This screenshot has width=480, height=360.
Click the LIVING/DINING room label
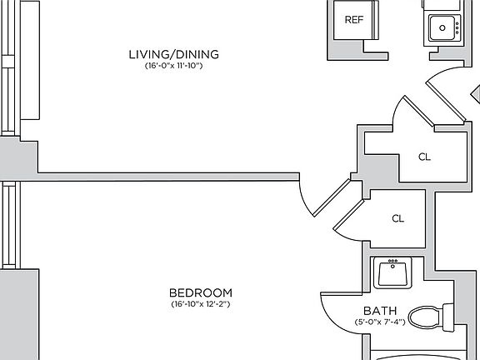coord(174,54)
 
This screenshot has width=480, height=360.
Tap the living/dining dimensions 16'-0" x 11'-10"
coord(173,66)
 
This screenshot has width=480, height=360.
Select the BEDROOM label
coord(201,292)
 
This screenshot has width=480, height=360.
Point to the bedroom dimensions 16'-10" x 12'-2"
coord(201,304)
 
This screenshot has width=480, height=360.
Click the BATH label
coord(380,311)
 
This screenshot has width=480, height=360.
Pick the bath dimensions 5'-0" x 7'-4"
coord(380,322)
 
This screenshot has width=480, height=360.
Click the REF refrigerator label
coord(354,20)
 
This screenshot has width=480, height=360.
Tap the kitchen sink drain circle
coord(442,27)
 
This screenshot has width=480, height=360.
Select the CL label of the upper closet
coord(424,157)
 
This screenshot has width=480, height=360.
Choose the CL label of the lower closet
coord(398,218)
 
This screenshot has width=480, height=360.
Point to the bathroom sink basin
coord(392,273)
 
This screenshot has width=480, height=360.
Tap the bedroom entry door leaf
coord(332,197)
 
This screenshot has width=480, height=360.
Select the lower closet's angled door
coord(348,215)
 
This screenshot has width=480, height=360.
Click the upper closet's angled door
coord(419,111)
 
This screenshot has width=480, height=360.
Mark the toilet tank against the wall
coord(449,317)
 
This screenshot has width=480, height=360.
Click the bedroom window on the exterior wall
coord(9,225)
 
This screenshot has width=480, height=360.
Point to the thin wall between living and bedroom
coord(168,177)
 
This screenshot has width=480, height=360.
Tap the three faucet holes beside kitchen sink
coord(457,27)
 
